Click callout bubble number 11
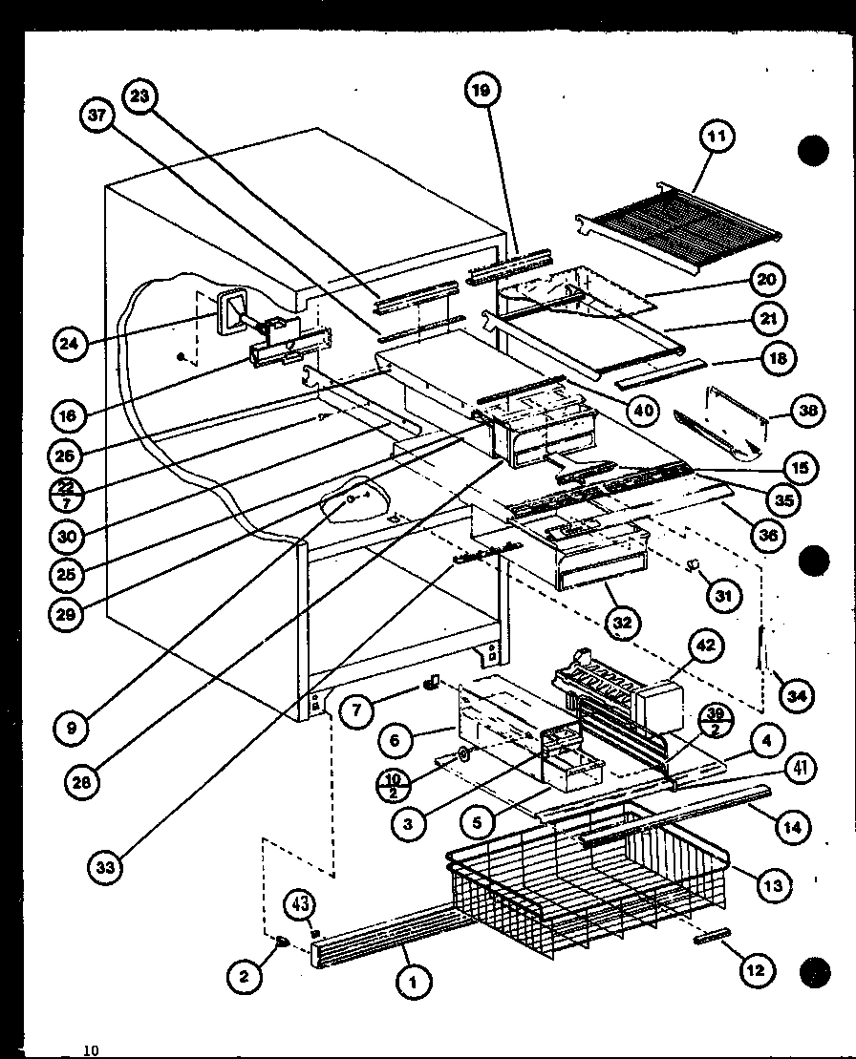[x=717, y=137]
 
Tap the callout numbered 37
[x=96, y=116]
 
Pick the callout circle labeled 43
[x=301, y=904]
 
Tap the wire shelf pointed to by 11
[x=680, y=224]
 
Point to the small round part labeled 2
[x=284, y=943]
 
